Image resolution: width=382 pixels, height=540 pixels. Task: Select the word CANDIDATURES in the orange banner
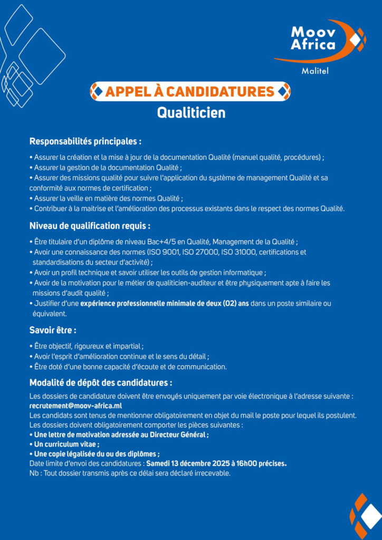pos(225,91)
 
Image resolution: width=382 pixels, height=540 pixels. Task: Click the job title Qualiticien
pos(191,113)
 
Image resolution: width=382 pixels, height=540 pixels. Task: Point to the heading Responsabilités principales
pos(85,141)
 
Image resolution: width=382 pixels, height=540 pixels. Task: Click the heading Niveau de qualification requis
pos(90,226)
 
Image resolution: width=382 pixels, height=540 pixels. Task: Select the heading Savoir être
pos(53,331)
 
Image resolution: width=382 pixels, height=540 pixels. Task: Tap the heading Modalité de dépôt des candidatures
pos(100,382)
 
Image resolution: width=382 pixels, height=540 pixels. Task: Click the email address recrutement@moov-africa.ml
pos(75,406)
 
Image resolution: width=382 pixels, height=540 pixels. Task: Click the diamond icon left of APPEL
pos(97,91)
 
